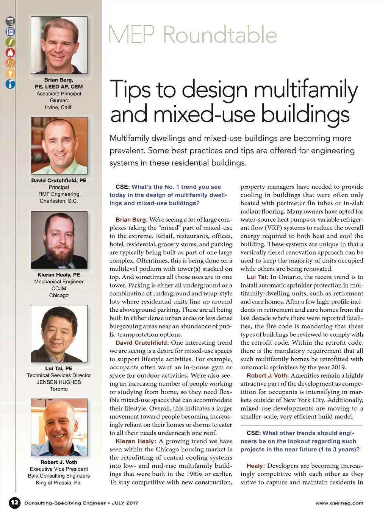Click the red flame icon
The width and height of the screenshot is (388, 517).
(10, 53)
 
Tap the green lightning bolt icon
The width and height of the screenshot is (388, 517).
(10, 42)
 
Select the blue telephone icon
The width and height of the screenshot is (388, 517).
(10, 32)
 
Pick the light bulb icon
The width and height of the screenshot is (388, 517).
(10, 73)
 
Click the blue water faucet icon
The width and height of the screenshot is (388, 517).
(10, 84)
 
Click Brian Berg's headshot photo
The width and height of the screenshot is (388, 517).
(59, 45)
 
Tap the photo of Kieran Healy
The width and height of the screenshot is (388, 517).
(59, 240)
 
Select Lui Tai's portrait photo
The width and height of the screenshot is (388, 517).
(59, 333)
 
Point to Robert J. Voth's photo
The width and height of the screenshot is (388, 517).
(59, 427)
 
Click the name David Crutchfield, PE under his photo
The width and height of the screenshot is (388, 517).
(59, 180)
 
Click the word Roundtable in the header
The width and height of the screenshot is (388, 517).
(220, 35)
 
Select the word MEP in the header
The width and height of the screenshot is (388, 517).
(131, 35)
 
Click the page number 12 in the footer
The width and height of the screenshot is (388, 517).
(14, 503)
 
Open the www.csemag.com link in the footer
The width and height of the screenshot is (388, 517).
(339, 503)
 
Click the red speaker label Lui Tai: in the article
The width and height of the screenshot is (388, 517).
(257, 277)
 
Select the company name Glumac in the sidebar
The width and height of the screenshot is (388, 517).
(59, 100)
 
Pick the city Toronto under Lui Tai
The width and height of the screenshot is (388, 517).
(59, 389)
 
